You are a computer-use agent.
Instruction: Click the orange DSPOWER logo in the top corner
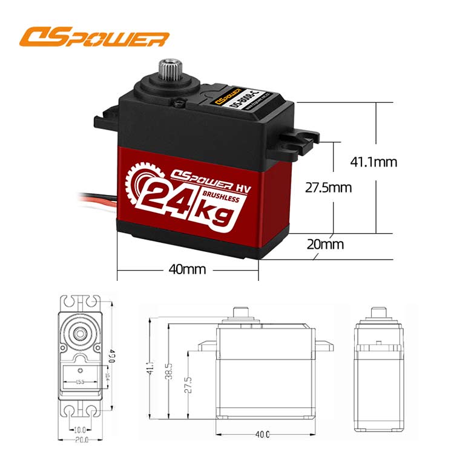click(94, 38)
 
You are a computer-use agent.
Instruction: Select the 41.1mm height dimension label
click(373, 162)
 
